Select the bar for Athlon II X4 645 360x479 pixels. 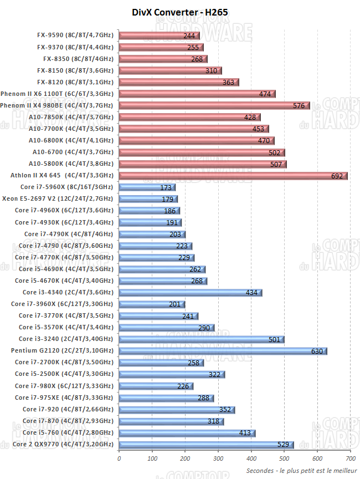[x=233, y=176]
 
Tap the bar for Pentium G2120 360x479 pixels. [x=223, y=351]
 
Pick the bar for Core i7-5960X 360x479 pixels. [x=147, y=187]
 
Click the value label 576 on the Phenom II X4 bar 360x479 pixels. [x=299, y=105]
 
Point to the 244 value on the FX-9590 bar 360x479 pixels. [x=188, y=35]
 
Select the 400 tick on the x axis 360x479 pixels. [x=251, y=458]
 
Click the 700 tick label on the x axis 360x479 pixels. [x=350, y=458]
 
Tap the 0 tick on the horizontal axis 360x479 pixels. [x=119, y=458]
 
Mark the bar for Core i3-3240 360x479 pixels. [x=201, y=339]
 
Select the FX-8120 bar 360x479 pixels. [x=178, y=82]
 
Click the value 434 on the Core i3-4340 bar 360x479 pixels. [x=251, y=293]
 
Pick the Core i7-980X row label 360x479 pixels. [x=64, y=386]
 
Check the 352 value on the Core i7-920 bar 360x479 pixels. [x=224, y=410]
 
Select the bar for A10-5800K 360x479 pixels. [x=202, y=164]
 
